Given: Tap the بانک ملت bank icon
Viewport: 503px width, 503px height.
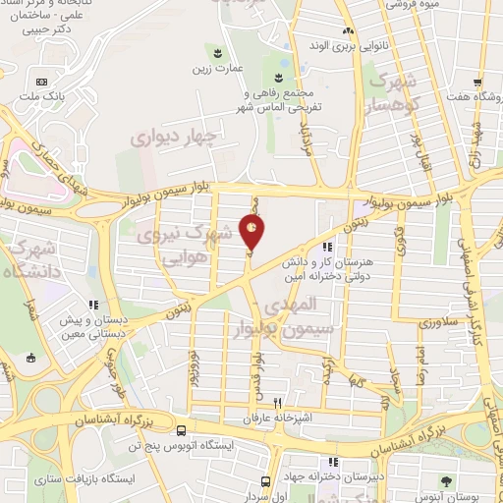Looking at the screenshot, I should point(40,82).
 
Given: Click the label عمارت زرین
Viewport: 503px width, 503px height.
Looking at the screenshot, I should point(211,70).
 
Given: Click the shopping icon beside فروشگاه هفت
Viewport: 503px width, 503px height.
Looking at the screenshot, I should point(476,83).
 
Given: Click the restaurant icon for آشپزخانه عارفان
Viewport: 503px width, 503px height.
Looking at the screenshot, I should point(278,403).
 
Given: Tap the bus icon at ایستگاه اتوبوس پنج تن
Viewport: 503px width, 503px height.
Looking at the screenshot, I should point(180,429).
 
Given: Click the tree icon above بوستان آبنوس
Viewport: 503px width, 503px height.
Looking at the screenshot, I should point(448,480).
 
